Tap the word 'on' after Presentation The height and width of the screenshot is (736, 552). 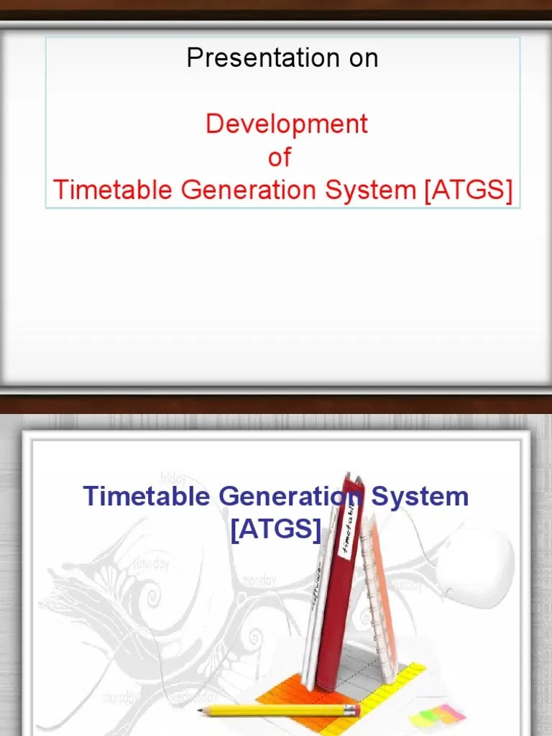coord(364,57)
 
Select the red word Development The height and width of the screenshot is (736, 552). coord(286,124)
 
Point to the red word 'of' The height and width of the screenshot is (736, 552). coord(280,157)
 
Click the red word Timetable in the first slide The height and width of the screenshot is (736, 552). coord(113,190)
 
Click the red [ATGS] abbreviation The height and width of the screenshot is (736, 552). coord(469,190)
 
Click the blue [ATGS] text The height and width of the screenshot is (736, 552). coord(275,530)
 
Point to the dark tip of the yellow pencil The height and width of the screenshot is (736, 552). coord(202,710)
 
